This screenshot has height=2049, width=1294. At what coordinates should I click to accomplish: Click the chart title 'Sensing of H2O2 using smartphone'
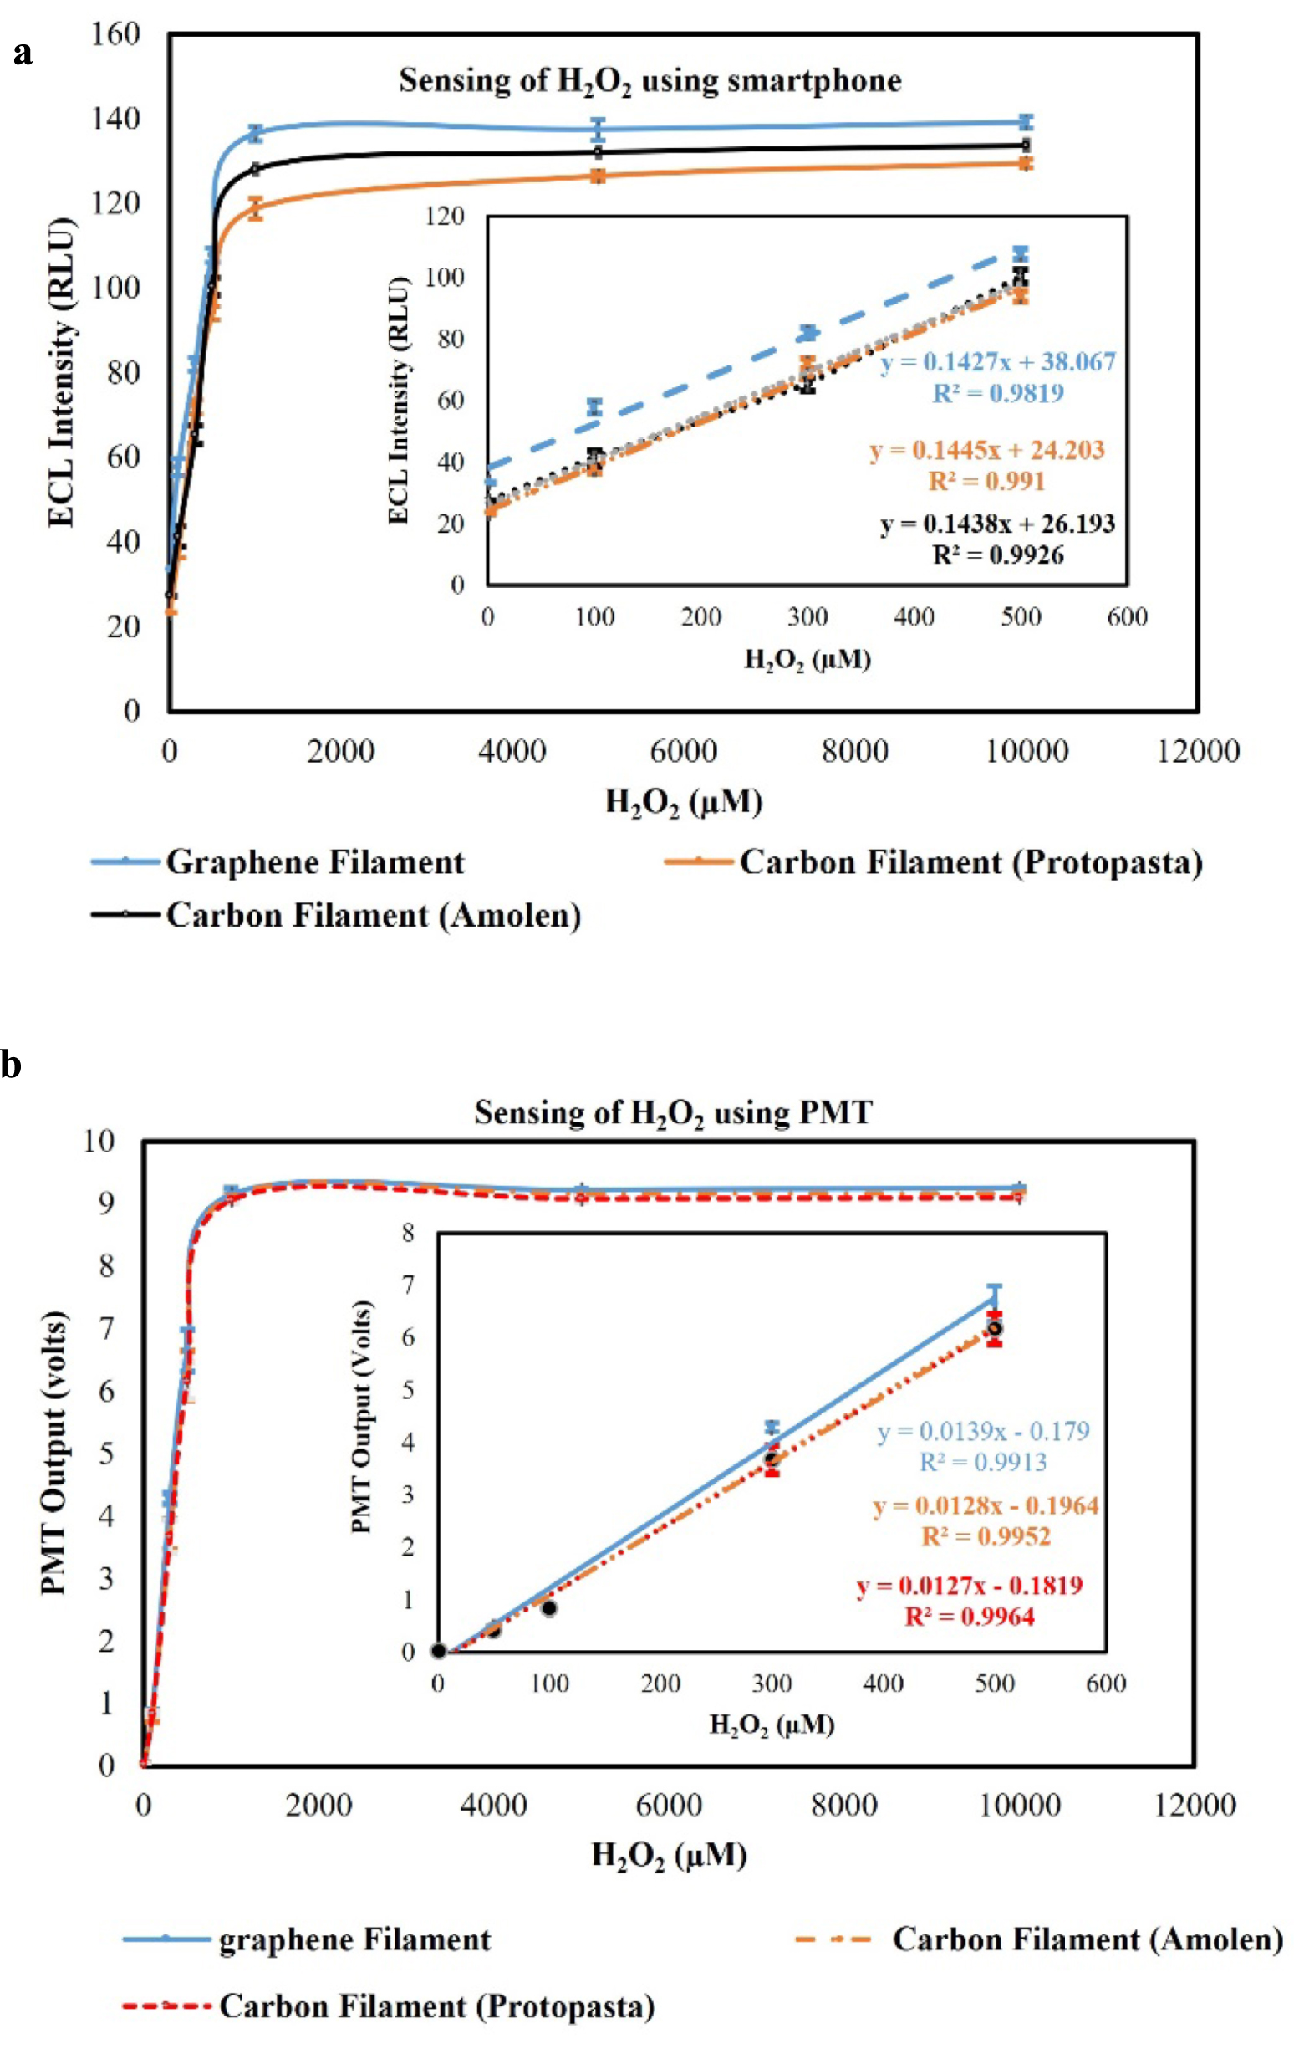650,82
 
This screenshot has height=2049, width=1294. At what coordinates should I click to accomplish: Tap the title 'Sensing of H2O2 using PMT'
673,1113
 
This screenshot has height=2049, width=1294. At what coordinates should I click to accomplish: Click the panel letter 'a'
23,53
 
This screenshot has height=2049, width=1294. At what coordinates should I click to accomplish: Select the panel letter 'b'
11,1065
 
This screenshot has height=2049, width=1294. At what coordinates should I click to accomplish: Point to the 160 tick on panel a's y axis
115,34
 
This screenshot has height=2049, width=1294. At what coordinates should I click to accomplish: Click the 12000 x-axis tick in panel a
1198,751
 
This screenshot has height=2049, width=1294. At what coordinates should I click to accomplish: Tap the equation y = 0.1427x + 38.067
998,362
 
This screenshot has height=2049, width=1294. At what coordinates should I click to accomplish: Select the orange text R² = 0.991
986,482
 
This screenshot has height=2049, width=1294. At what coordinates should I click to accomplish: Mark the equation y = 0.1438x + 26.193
997,524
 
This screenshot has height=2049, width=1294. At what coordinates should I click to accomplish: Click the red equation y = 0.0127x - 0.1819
969,1584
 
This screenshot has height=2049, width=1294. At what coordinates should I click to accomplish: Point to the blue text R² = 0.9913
983,1462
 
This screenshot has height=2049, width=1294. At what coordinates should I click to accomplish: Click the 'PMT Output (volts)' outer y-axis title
53,1452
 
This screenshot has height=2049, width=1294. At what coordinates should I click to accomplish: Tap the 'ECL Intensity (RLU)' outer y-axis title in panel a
61,372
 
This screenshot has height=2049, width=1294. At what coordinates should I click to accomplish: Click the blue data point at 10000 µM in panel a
1026,121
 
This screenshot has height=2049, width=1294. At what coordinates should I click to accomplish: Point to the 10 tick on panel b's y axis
99,1140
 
